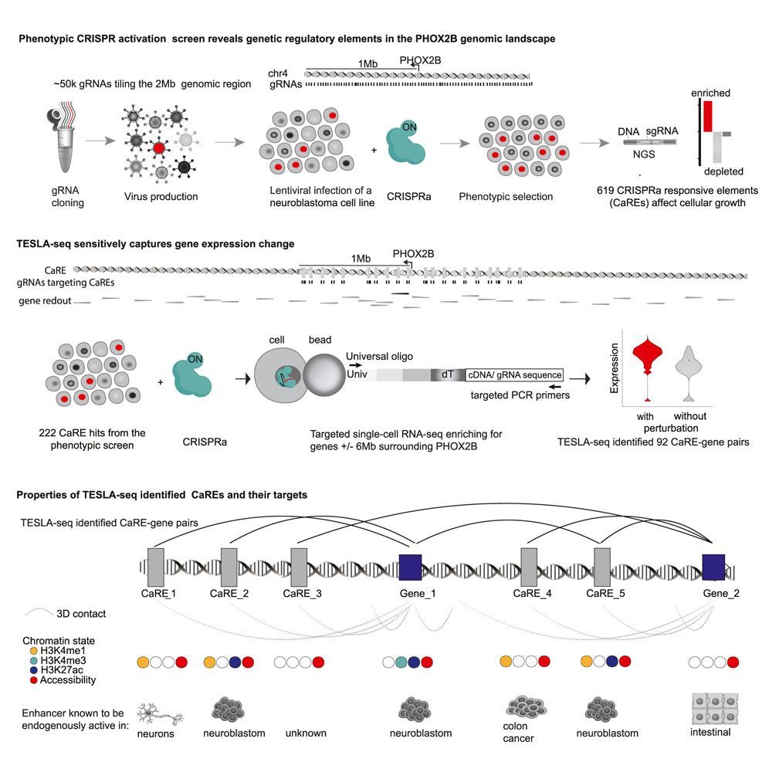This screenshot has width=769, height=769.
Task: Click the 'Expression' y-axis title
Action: coord(615,374)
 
